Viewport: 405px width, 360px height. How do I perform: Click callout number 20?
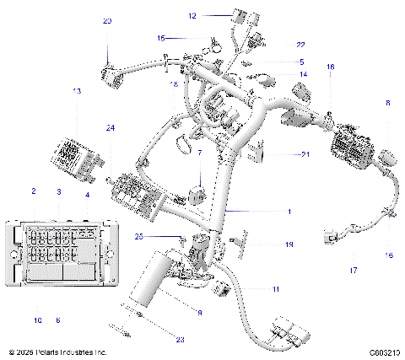(106, 20)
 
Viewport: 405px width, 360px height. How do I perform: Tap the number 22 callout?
(300, 44)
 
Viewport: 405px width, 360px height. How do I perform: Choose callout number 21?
(305, 155)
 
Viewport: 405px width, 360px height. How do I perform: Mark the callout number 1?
(288, 211)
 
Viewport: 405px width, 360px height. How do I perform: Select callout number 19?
(288, 244)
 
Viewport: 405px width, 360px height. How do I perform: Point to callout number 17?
(354, 270)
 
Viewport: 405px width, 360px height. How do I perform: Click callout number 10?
(37, 320)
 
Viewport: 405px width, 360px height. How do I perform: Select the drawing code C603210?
(383, 352)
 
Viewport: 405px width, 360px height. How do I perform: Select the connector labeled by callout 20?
(109, 71)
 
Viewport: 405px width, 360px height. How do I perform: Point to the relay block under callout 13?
(73, 153)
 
